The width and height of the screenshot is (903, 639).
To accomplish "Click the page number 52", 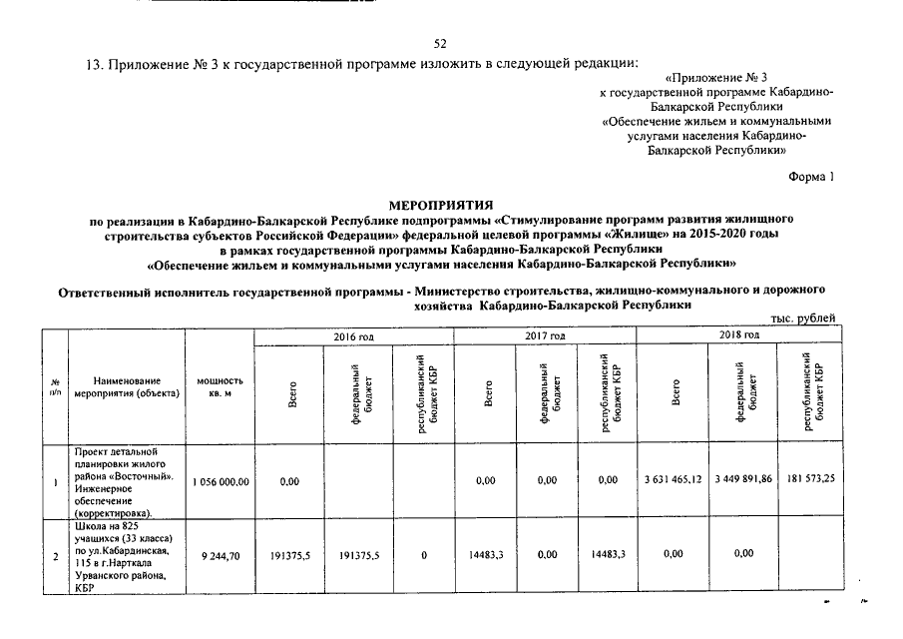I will (441, 42).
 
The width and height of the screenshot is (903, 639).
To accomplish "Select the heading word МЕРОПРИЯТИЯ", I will (441, 204).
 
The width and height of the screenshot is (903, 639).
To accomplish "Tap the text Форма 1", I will (810, 176).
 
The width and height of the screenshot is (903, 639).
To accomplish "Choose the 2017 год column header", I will (545, 336).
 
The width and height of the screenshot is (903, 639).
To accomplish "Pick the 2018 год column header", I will (739, 336).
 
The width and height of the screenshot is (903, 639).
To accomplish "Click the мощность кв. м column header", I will (220, 387).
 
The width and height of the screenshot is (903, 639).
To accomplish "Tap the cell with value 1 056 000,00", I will (220, 481).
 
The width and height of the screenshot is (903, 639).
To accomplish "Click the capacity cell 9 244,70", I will (220, 555).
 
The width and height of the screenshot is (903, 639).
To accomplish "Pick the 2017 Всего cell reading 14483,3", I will (488, 555).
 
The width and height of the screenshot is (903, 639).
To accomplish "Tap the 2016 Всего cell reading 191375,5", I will (291, 555).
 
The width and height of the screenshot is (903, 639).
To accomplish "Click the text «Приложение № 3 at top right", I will (716, 77).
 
